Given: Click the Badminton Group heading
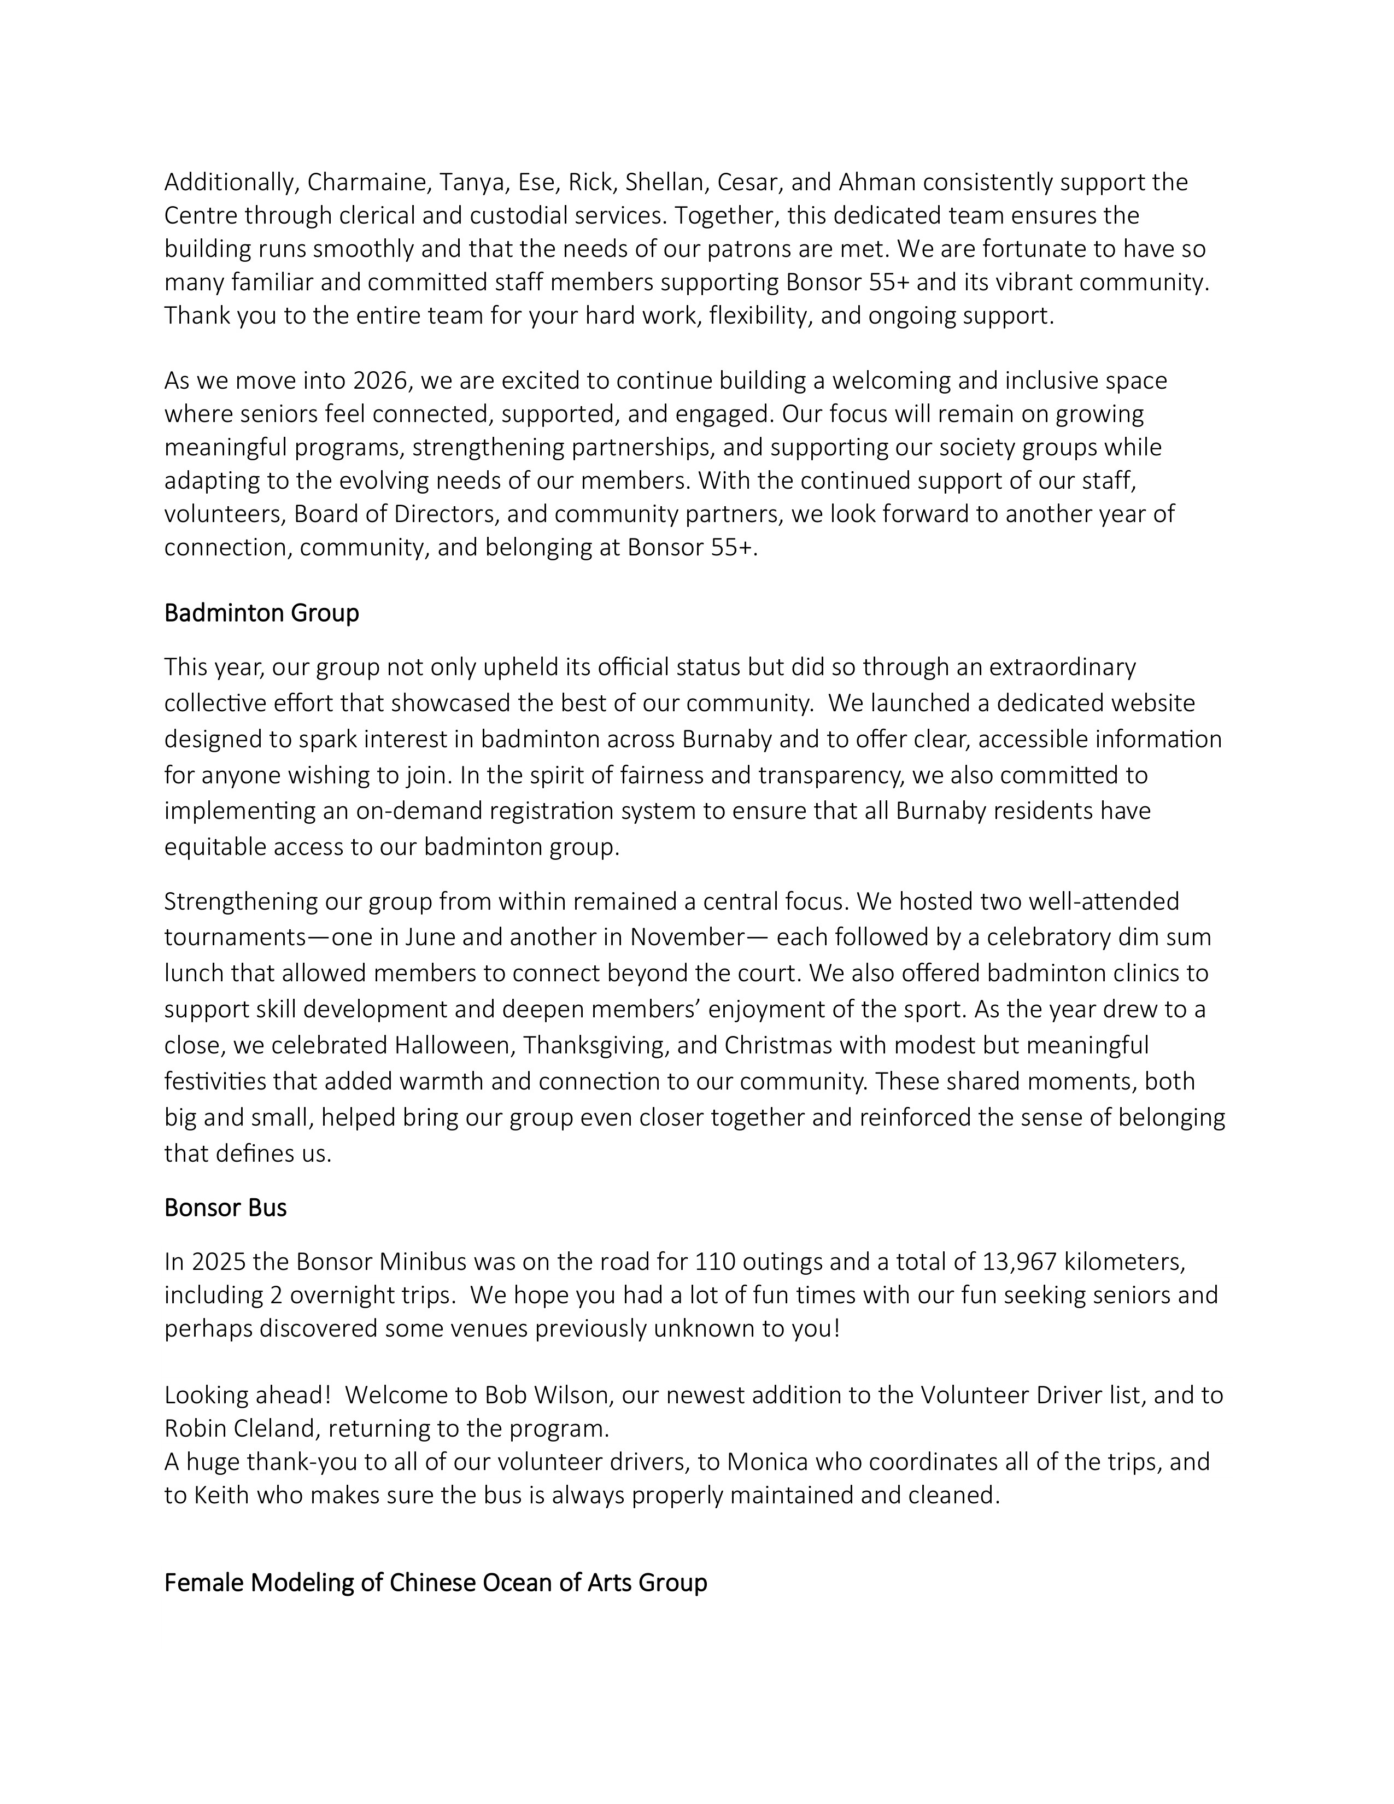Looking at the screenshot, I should click(x=262, y=614).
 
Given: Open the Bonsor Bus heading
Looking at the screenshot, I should click(x=225, y=1209).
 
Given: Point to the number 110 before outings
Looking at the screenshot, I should click(x=715, y=1262).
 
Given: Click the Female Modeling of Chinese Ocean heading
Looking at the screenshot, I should click(x=435, y=1584).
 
